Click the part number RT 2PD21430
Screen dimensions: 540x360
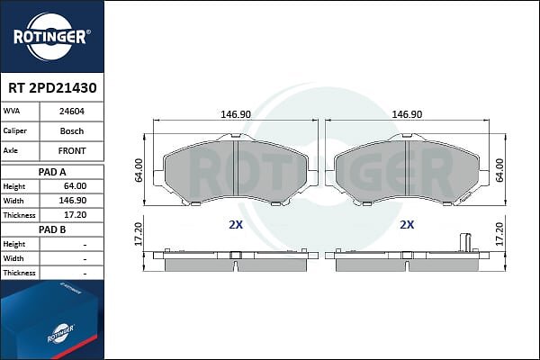pos(52,88)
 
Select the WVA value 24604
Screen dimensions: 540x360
pos(72,112)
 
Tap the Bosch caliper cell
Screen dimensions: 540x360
pos(72,131)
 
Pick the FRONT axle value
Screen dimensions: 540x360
pos(72,151)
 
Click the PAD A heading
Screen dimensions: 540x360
pos(52,172)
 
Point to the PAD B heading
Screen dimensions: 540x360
pos(52,229)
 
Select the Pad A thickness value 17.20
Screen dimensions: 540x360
pos(76,215)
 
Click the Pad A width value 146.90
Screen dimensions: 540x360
pos(73,201)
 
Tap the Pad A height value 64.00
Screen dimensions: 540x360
pos(76,186)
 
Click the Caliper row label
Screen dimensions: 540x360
pos(14,130)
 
